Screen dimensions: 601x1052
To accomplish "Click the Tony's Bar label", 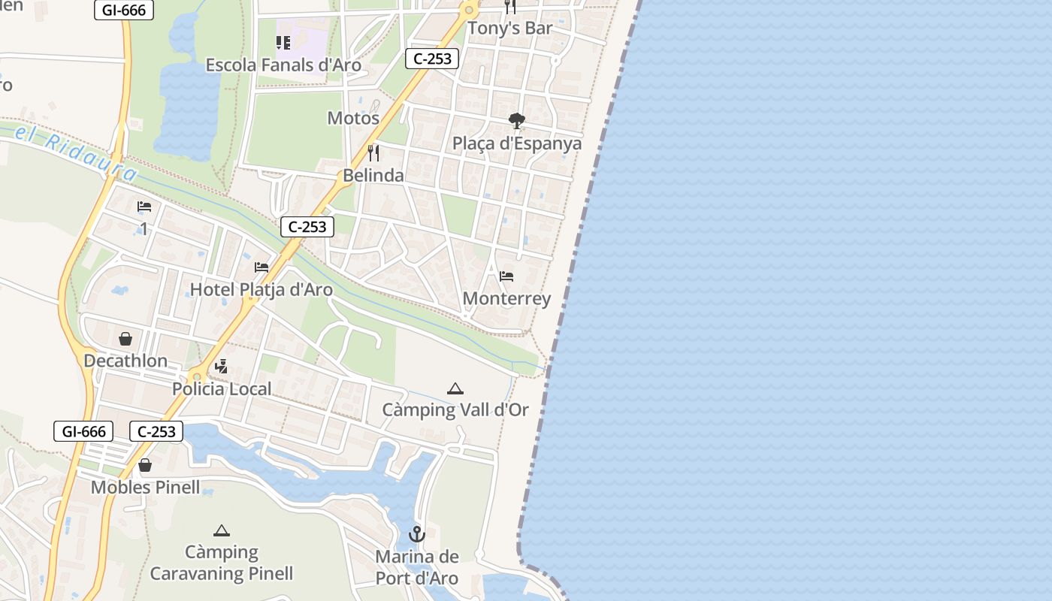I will tap(509, 29).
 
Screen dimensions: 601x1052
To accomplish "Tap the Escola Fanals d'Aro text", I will tap(283, 65).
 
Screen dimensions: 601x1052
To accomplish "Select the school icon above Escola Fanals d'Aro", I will tap(283, 43).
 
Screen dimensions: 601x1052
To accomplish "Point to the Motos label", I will tap(353, 119).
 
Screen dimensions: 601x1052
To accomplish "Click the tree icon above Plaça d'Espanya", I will tap(516, 120).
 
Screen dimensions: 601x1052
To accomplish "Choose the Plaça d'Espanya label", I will tap(517, 143).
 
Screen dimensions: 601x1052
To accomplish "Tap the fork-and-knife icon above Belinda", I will tap(373, 153).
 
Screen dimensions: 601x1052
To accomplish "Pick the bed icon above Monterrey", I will tap(506, 276).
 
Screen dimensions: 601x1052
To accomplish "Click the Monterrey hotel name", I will tap(506, 299).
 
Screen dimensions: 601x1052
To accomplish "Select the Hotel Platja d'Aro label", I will tap(261, 290).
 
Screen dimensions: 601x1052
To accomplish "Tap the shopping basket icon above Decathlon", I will tap(125, 339).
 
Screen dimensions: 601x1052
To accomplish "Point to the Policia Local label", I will tap(222, 389).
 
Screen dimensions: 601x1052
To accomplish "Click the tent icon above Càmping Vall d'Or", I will tap(455, 388).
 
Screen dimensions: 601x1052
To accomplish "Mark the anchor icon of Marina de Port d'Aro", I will tap(416, 534).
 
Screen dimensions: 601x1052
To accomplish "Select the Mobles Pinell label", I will tap(146, 488).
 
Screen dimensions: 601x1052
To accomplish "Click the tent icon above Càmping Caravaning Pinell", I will tap(221, 530).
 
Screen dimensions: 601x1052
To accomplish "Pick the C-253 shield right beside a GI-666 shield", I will tap(156, 431).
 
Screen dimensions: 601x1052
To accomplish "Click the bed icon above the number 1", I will tap(144, 207).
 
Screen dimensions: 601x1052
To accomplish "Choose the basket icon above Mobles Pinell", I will tap(145, 466).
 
